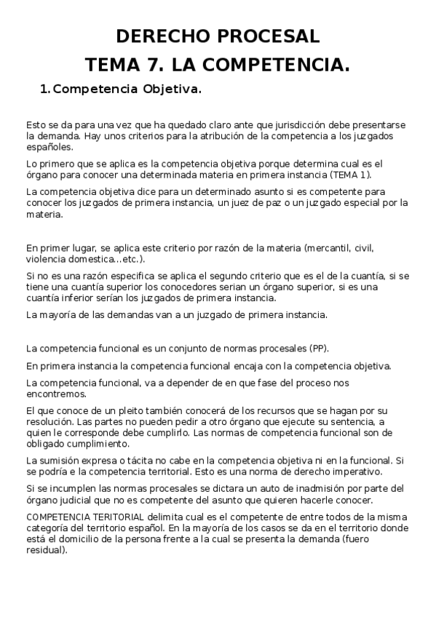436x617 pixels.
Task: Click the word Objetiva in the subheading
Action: [172, 89]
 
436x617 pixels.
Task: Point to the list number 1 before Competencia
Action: [43, 89]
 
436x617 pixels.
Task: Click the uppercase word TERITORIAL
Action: [116, 517]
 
